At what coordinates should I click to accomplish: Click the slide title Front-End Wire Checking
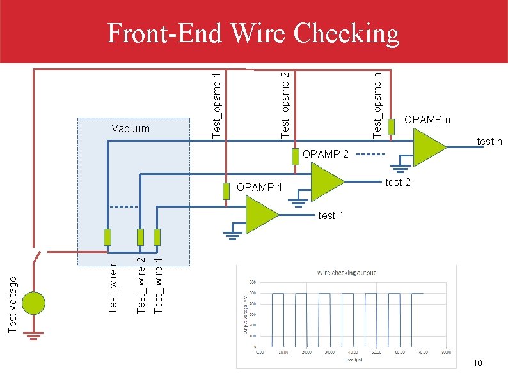point(253,33)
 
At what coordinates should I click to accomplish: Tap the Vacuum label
point(130,128)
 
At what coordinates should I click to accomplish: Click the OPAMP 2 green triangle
point(326,181)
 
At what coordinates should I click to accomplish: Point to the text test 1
point(331,215)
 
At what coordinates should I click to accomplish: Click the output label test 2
point(397,183)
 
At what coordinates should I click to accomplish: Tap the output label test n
point(489,141)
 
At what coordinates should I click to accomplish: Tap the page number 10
point(477,363)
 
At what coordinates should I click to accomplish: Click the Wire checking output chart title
point(347,273)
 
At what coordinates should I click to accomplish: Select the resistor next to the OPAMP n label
point(392,126)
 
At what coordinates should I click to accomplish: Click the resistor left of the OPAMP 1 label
point(226,191)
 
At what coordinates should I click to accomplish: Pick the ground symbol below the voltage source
point(34,333)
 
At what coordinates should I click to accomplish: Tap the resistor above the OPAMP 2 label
point(295,156)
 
